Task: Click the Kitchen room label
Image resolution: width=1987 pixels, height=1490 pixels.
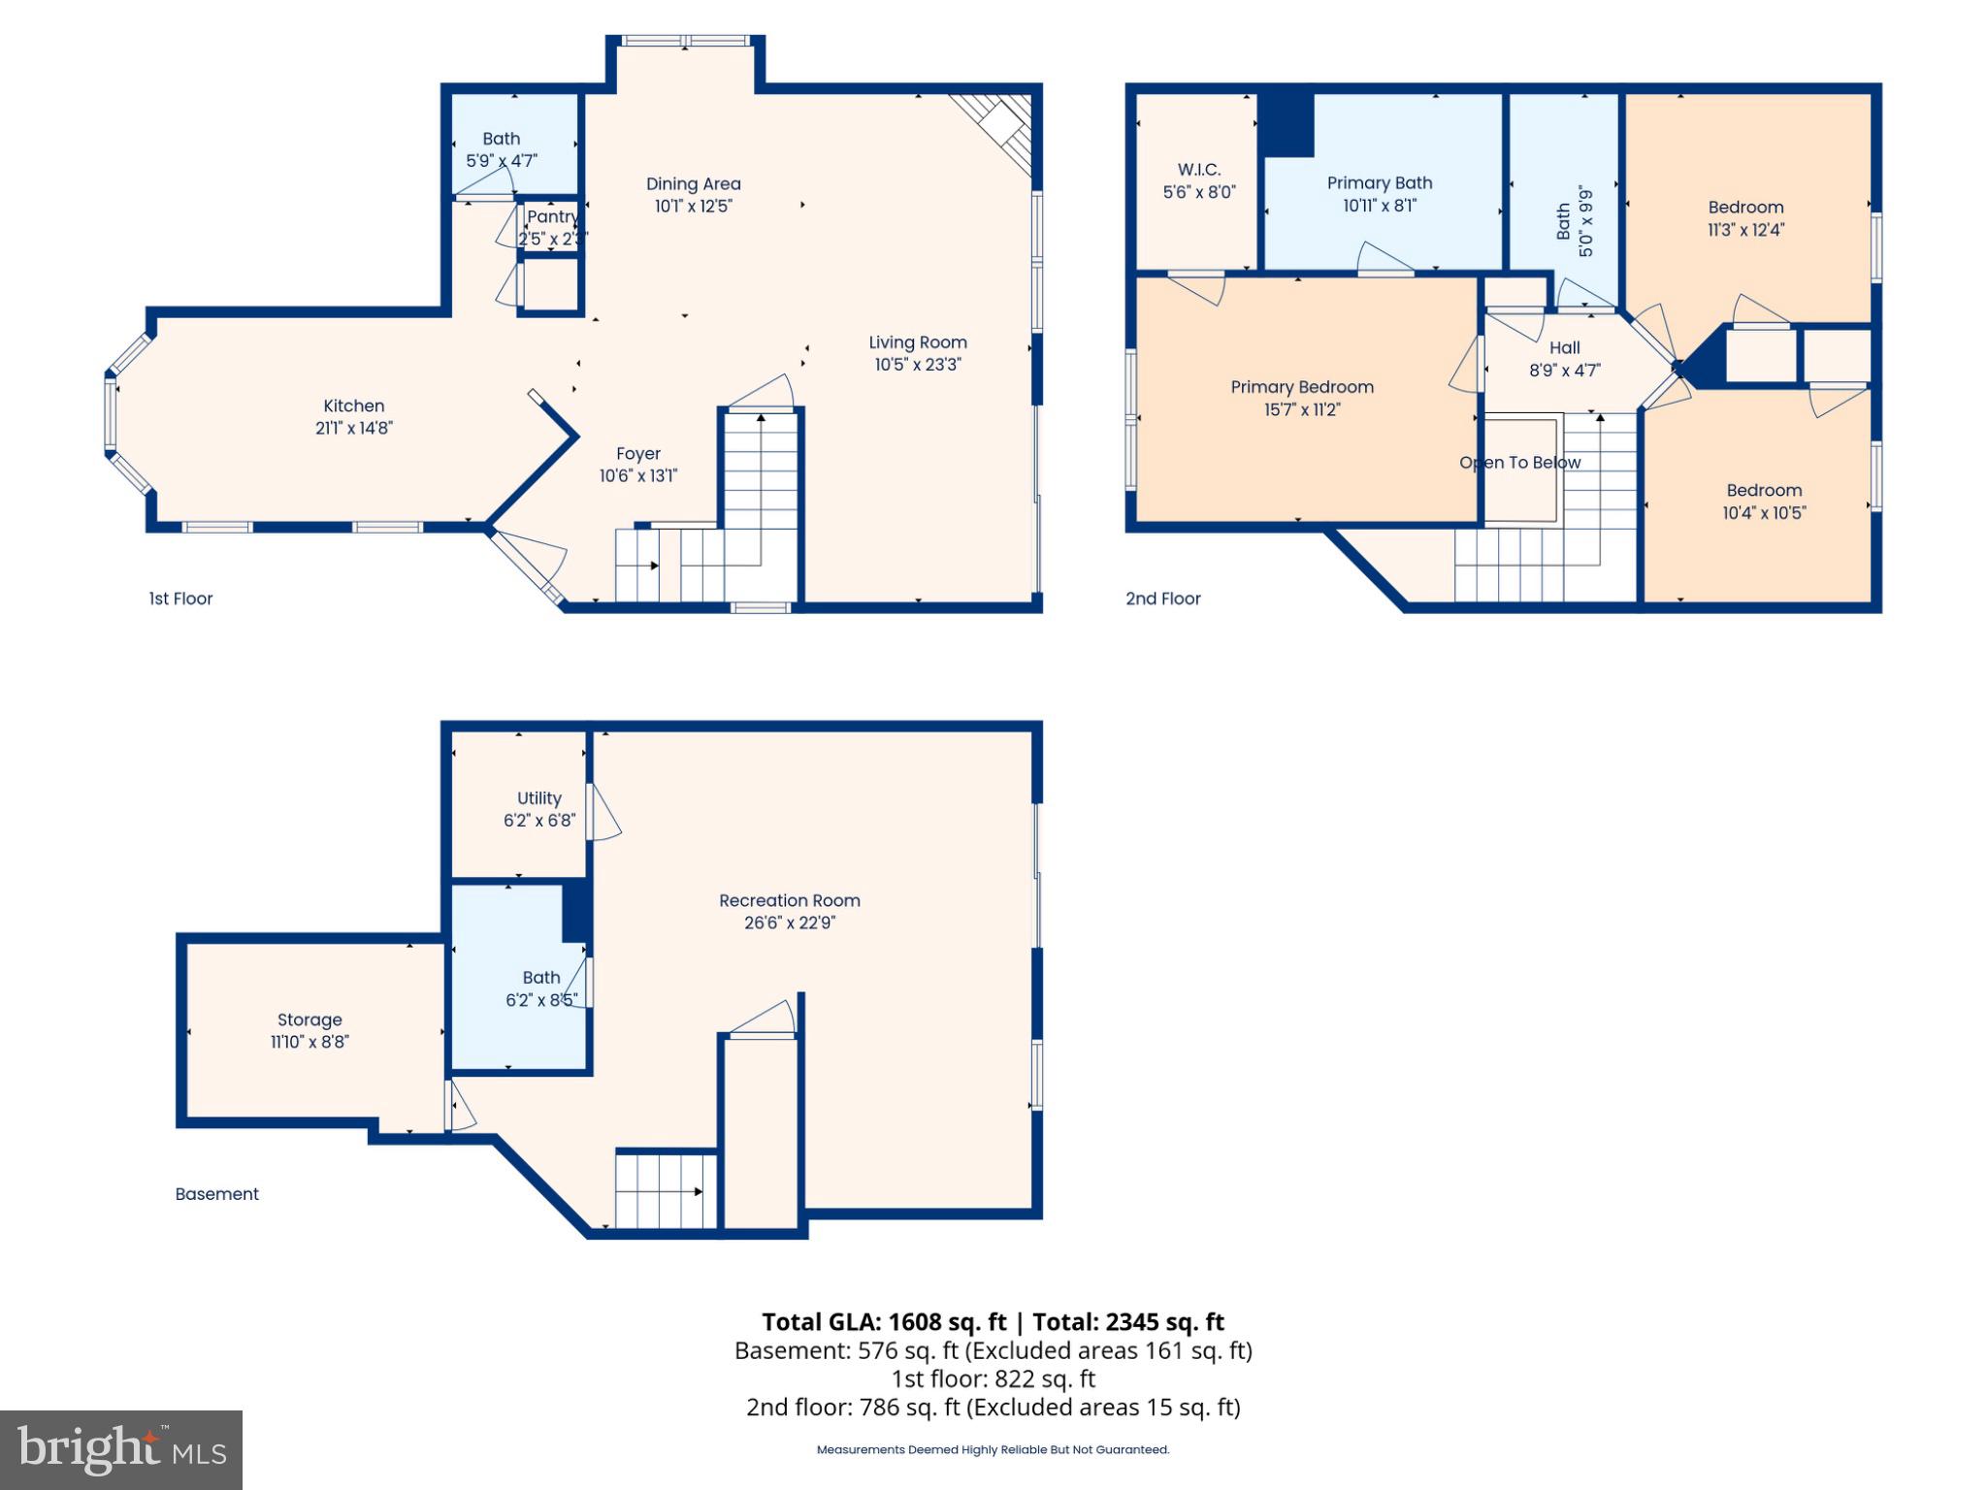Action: (353, 406)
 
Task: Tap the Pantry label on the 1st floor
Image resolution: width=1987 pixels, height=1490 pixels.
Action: (551, 216)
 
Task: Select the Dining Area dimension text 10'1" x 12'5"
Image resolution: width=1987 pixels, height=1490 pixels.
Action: (693, 206)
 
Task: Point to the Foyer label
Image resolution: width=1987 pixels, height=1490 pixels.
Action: (637, 454)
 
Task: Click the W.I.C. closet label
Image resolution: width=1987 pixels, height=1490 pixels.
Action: (1199, 170)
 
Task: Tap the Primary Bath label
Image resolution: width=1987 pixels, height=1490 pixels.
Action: (1379, 183)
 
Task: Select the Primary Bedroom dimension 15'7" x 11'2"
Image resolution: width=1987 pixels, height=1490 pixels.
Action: (1301, 409)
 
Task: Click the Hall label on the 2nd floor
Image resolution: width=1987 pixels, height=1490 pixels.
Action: (1564, 347)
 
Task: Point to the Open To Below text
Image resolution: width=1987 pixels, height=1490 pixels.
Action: (1519, 463)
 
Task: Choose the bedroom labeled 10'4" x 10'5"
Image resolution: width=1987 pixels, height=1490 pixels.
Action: (1763, 502)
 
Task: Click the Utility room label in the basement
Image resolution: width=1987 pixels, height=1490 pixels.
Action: (538, 798)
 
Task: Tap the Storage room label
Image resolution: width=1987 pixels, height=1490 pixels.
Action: (309, 1020)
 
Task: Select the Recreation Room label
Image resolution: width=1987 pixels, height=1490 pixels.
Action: (789, 900)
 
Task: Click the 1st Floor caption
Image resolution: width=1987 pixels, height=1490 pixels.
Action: (180, 599)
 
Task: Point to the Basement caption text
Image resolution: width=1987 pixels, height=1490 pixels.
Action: (216, 1194)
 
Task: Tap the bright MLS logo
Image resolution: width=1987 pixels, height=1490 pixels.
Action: (121, 1449)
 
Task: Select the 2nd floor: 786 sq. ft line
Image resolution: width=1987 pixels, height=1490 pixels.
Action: (993, 1408)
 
